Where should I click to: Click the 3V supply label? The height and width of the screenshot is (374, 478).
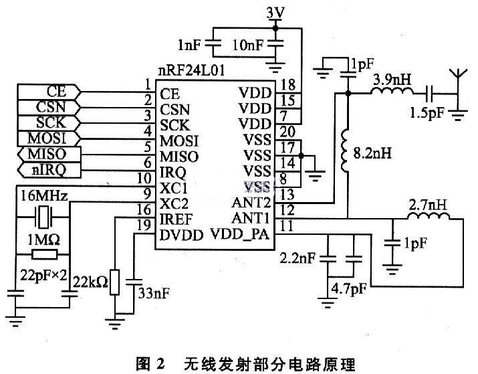275,13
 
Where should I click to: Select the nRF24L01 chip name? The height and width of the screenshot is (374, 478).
191,71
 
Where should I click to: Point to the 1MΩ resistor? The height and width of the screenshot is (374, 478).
44,254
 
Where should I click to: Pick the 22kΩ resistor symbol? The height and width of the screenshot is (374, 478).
114,282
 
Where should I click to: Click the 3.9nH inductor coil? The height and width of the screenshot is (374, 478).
392,90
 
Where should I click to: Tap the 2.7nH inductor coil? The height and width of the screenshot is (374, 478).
428,215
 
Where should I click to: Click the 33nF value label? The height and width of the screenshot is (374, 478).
154,294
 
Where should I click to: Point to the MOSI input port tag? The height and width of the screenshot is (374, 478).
49,138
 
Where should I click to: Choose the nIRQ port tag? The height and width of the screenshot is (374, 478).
49,170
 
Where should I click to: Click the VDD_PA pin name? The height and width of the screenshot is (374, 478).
240,234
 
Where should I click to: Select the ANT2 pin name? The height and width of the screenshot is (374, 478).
251,202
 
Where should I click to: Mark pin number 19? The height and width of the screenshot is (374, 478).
144,225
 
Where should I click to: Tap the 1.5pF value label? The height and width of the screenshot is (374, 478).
427,114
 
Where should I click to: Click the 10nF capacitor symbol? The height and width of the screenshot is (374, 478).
275,44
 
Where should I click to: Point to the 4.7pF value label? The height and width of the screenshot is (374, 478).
349,288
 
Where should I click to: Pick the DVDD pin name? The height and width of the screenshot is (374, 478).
181,236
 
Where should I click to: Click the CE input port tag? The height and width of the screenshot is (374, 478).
49,92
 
